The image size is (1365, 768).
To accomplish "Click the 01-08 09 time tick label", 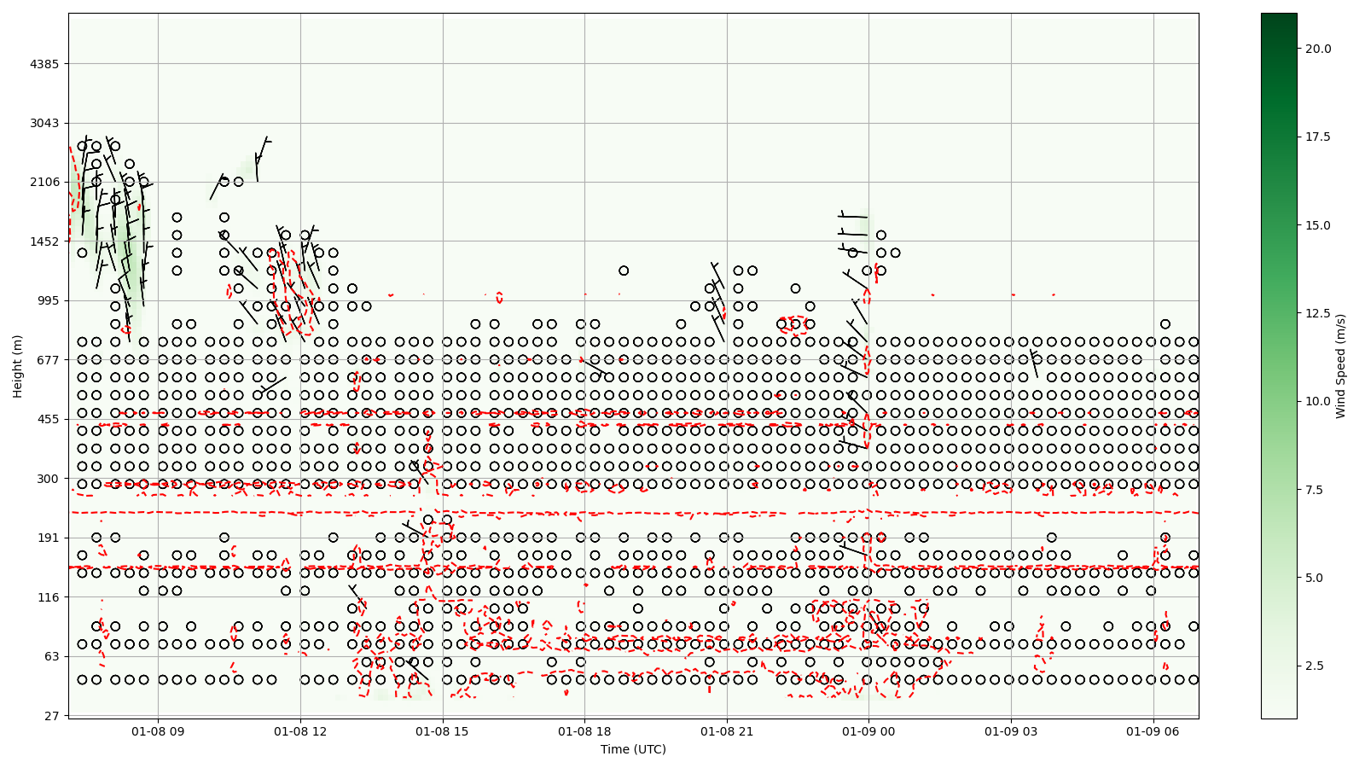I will pos(159,731).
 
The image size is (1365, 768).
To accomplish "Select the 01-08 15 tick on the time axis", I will pos(443,731).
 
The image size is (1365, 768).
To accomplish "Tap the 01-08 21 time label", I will pos(727,731).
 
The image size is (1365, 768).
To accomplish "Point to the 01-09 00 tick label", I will pos(869,731).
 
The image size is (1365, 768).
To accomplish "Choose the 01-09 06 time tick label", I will pos(1153,731).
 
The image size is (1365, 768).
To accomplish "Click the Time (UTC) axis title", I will pos(633,749).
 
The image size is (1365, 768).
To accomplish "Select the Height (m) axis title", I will pos(17,366).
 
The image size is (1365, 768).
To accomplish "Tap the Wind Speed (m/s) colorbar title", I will pos(1340,366).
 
